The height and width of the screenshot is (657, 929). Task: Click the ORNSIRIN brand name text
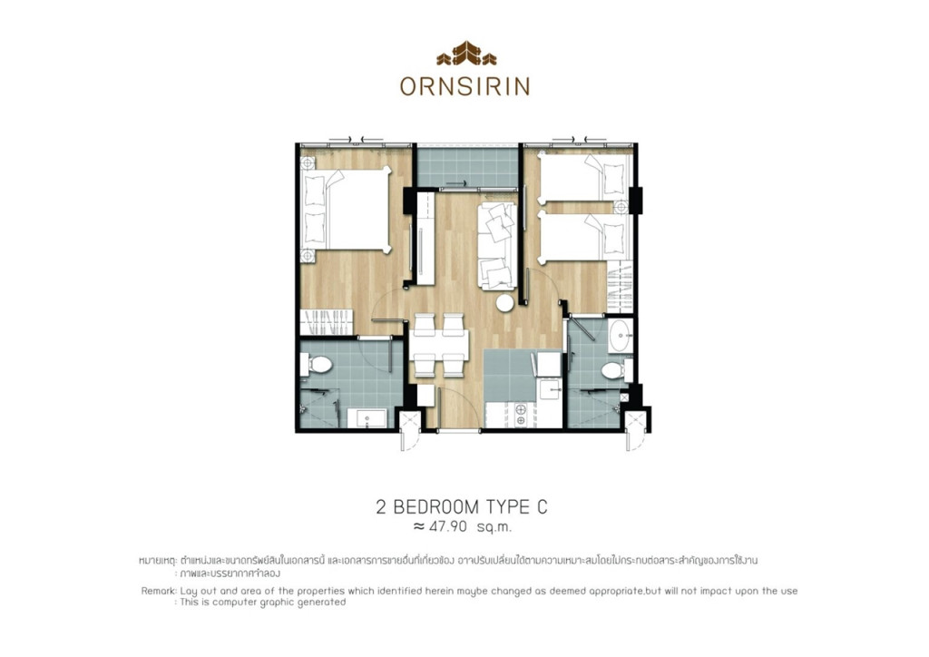tap(464, 86)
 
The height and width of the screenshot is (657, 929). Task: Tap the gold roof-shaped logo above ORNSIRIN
tap(465, 54)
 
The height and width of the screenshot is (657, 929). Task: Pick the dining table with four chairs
tap(440, 345)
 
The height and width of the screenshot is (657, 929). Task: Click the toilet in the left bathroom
tap(316, 366)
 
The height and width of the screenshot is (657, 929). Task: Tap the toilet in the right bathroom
tap(614, 370)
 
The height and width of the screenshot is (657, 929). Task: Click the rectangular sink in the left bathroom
tap(370, 418)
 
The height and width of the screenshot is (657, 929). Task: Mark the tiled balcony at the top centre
tap(467, 166)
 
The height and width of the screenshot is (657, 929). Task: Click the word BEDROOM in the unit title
tap(435, 506)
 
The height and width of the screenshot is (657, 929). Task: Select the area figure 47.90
tap(451, 525)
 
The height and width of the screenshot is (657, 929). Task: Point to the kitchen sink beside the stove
tap(548, 388)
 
